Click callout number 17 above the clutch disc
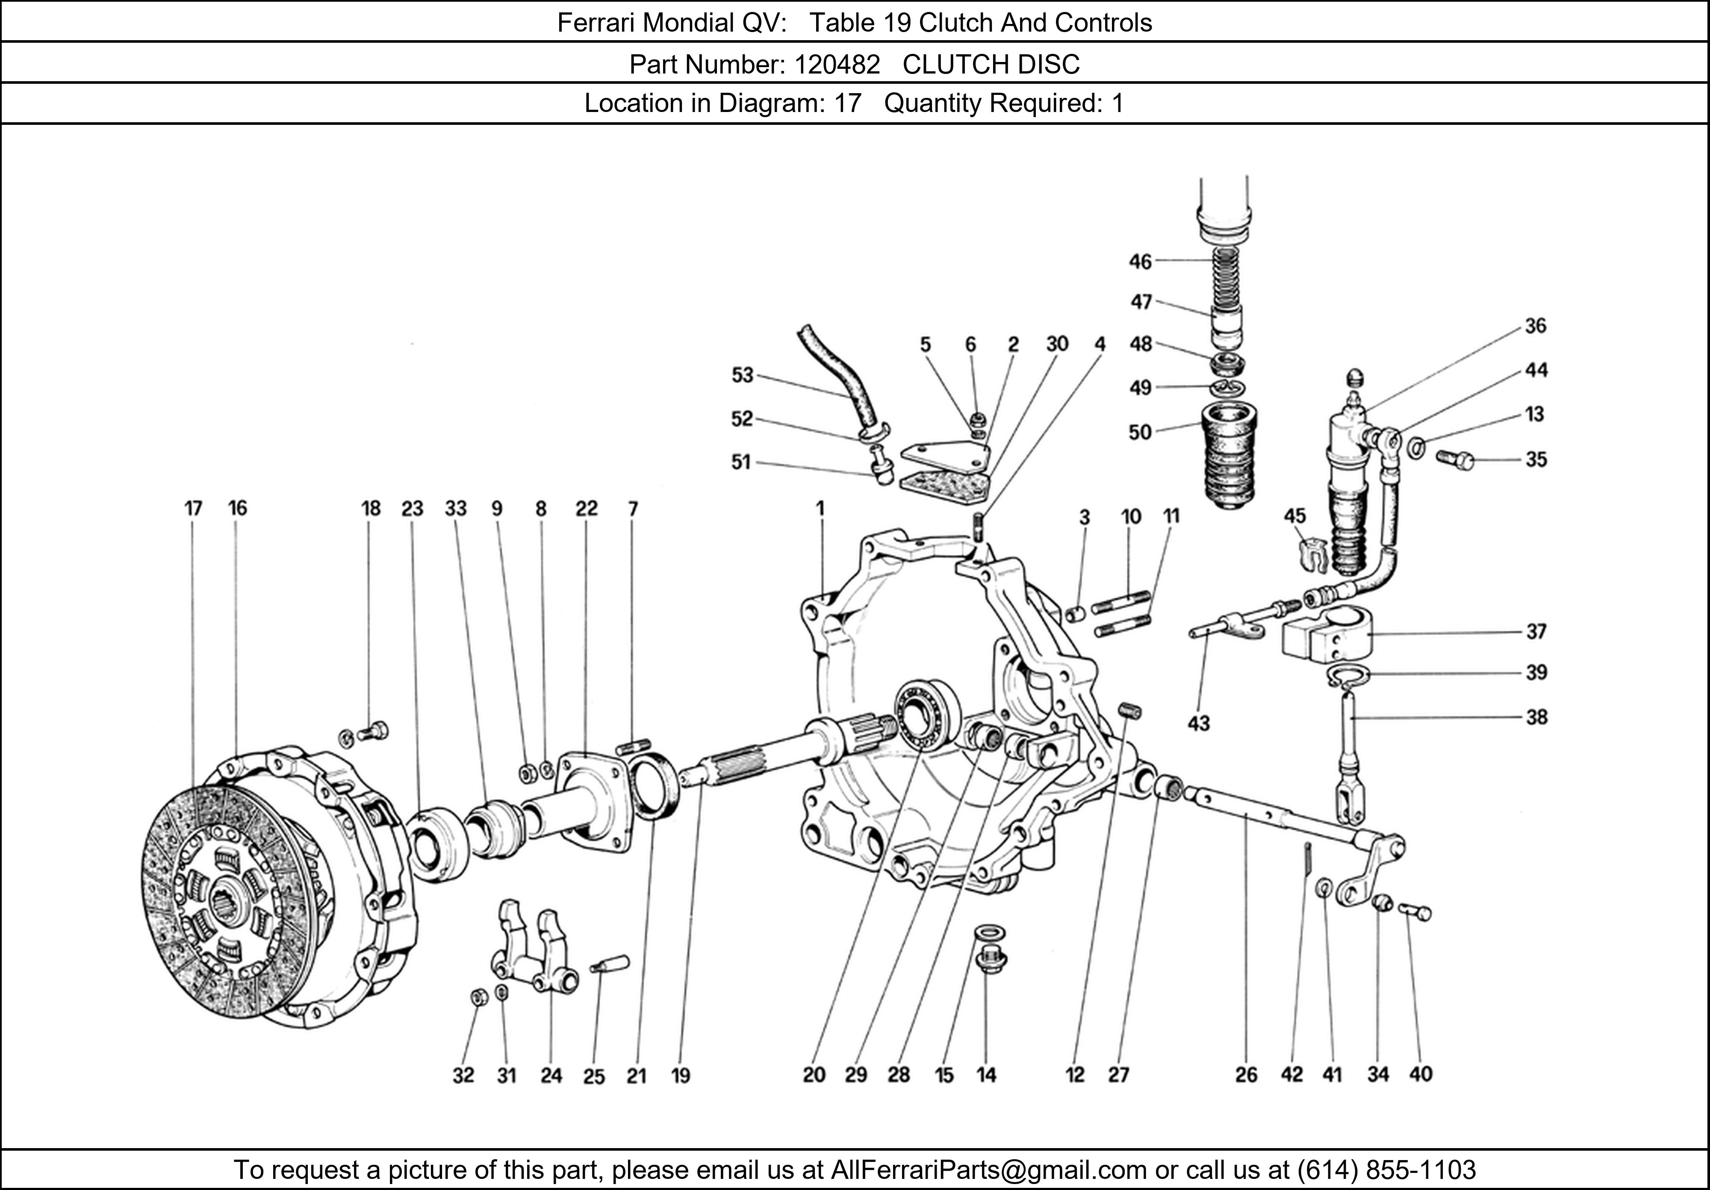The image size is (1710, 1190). tap(193, 509)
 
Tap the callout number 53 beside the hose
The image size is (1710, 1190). tap(743, 375)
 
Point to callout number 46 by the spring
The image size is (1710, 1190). tap(1140, 262)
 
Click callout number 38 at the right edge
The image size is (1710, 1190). tap(1536, 717)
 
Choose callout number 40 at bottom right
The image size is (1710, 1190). tap(1420, 1075)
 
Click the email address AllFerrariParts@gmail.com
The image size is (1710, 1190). tap(988, 1170)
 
